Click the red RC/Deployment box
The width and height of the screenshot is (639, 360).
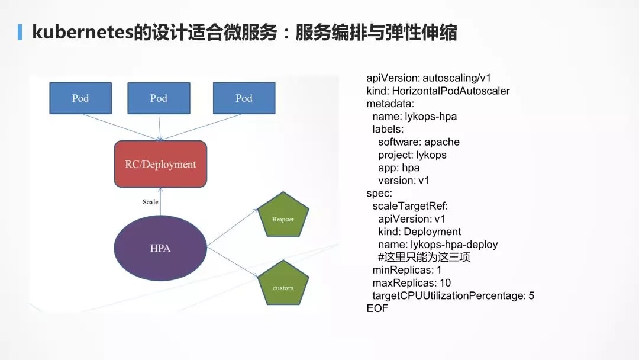160,164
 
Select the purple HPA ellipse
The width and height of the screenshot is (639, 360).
160,248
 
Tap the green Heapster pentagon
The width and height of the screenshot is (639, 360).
283,216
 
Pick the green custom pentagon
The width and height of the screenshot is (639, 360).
283,284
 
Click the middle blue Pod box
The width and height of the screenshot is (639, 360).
159,98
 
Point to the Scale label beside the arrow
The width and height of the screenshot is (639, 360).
150,202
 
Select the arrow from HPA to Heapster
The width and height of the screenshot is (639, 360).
233,227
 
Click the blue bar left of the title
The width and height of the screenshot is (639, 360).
20,32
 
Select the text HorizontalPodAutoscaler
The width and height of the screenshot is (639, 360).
451,91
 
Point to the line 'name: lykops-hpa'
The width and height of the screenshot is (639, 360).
414,117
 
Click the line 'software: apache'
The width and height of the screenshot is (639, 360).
418,142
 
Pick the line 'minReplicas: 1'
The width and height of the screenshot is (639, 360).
406,270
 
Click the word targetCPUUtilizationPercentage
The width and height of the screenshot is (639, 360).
448,295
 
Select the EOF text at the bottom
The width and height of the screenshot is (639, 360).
377,308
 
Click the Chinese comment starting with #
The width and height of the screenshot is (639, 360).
424,257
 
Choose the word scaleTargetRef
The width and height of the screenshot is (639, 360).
409,206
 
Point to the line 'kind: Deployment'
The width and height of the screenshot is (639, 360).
419,232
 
